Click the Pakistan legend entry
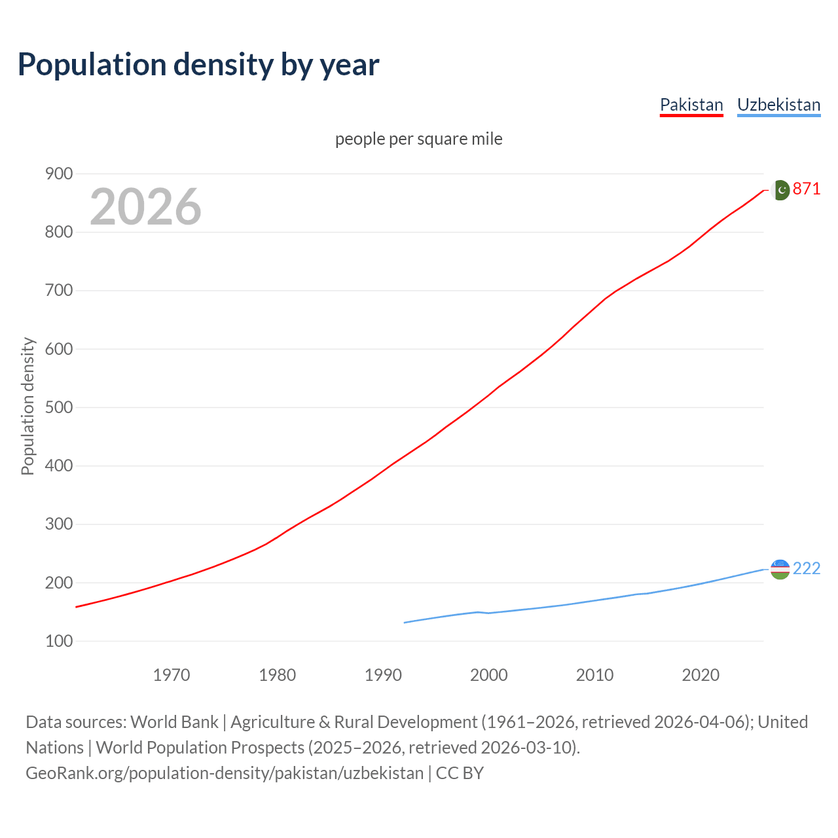pyautogui.click(x=691, y=105)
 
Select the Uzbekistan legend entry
pyautogui.click(x=778, y=105)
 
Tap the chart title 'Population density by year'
pyautogui.click(x=198, y=64)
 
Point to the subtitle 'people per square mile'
pyautogui.click(x=419, y=139)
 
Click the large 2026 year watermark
pyautogui.click(x=145, y=207)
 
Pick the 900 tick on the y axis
pyautogui.click(x=58, y=173)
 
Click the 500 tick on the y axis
pyautogui.click(x=58, y=407)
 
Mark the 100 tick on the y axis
pyautogui.click(x=58, y=641)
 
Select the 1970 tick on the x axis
pyautogui.click(x=172, y=675)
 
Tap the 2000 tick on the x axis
pyautogui.click(x=489, y=675)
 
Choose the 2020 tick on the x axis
pyautogui.click(x=701, y=675)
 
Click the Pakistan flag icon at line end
pyautogui.click(x=780, y=190)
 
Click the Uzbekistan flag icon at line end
pyautogui.click(x=780, y=569)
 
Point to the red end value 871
pyautogui.click(x=807, y=189)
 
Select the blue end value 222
pyautogui.click(x=807, y=568)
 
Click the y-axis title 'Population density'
pyautogui.click(x=27, y=406)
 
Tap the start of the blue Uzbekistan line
pyautogui.click(x=405, y=623)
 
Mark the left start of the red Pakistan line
pyautogui.click(x=77, y=607)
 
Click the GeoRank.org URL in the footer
pyautogui.click(x=225, y=773)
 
